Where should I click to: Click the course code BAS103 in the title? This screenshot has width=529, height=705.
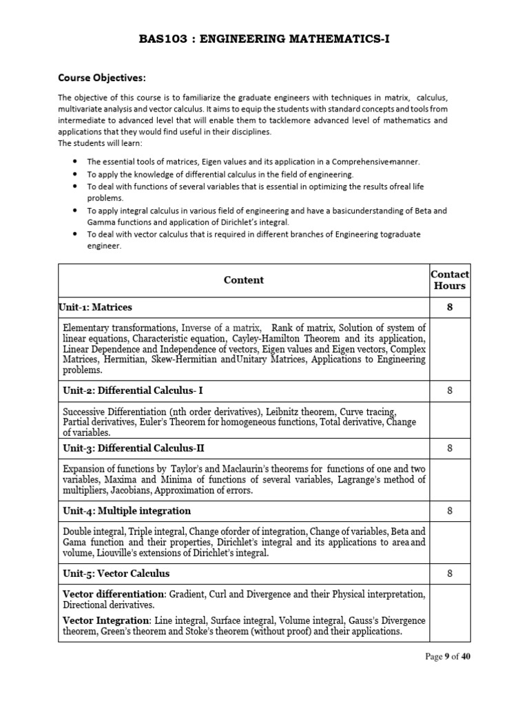pyautogui.click(x=160, y=39)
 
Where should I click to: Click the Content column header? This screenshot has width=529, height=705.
pyautogui.click(x=244, y=280)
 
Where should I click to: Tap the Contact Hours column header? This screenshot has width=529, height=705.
pyautogui.click(x=450, y=280)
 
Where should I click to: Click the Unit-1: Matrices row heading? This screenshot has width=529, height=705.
pyautogui.click(x=97, y=307)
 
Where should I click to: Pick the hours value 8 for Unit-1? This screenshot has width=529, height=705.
pyautogui.click(x=450, y=307)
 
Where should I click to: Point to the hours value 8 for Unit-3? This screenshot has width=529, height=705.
pyautogui.click(x=450, y=448)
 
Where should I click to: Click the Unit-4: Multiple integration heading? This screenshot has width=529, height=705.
pyautogui.click(x=127, y=511)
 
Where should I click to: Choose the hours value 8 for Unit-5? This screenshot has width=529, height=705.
pyautogui.click(x=450, y=573)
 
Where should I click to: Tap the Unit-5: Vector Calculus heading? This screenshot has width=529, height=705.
pyautogui.click(x=116, y=574)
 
